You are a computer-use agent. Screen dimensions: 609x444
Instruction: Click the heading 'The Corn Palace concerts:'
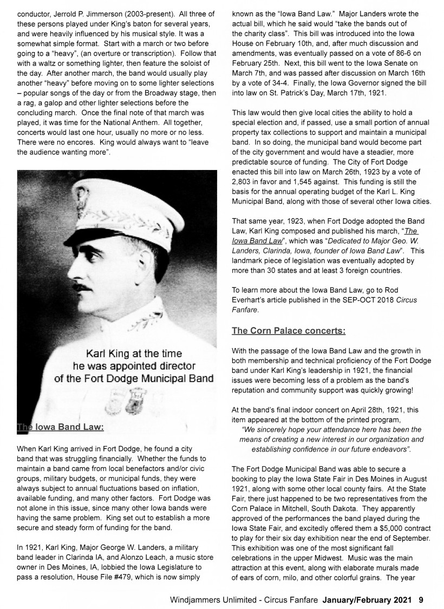(x=289, y=330)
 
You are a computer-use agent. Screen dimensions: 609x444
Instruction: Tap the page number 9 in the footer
(x=421, y=599)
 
